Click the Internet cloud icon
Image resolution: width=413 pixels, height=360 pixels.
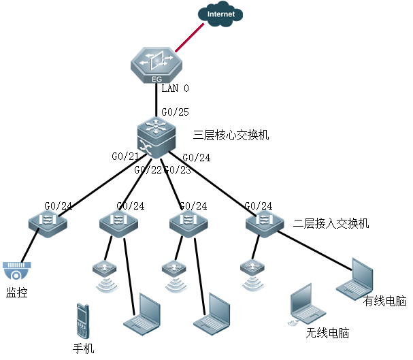coord(222,14)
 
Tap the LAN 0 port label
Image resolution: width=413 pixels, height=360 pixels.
coord(175,88)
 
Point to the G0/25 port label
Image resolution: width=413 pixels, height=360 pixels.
coord(175,112)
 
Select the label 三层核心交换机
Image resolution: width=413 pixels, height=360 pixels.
coord(231,135)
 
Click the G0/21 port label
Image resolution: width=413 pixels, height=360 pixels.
coord(125,157)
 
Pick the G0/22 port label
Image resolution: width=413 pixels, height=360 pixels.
coord(148,169)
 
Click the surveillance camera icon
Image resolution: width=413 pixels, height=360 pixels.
coord(17,271)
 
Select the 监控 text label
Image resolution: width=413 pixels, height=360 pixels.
coord(17,293)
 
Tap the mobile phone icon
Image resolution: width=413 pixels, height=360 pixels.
coord(82,321)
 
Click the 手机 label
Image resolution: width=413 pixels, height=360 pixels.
coord(83,349)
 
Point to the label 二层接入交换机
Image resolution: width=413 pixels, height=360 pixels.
coord(331,223)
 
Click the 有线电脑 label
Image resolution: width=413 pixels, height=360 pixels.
coord(385,300)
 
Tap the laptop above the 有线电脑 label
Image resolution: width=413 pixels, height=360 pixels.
coord(355,278)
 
